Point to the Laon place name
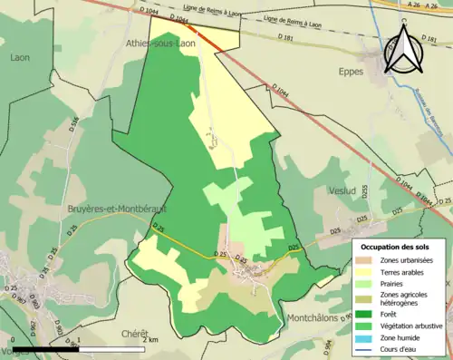click(20, 57)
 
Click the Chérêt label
click(135, 334)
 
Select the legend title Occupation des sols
click(395, 246)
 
